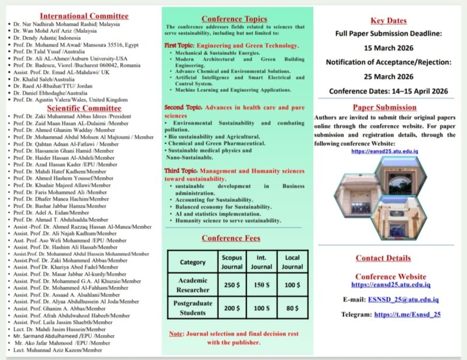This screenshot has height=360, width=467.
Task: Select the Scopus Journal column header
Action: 231,262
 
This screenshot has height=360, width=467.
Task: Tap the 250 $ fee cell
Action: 231,285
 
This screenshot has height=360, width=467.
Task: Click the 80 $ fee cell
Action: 292,308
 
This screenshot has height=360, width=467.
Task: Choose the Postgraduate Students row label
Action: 192,308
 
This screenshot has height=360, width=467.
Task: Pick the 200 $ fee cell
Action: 231,308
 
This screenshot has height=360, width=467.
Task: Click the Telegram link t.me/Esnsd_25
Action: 407,314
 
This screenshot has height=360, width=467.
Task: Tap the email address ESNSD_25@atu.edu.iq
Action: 403,299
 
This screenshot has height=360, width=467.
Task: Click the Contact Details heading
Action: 383,258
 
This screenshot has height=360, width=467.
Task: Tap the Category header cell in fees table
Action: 192,262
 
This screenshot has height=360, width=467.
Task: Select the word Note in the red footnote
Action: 176,334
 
